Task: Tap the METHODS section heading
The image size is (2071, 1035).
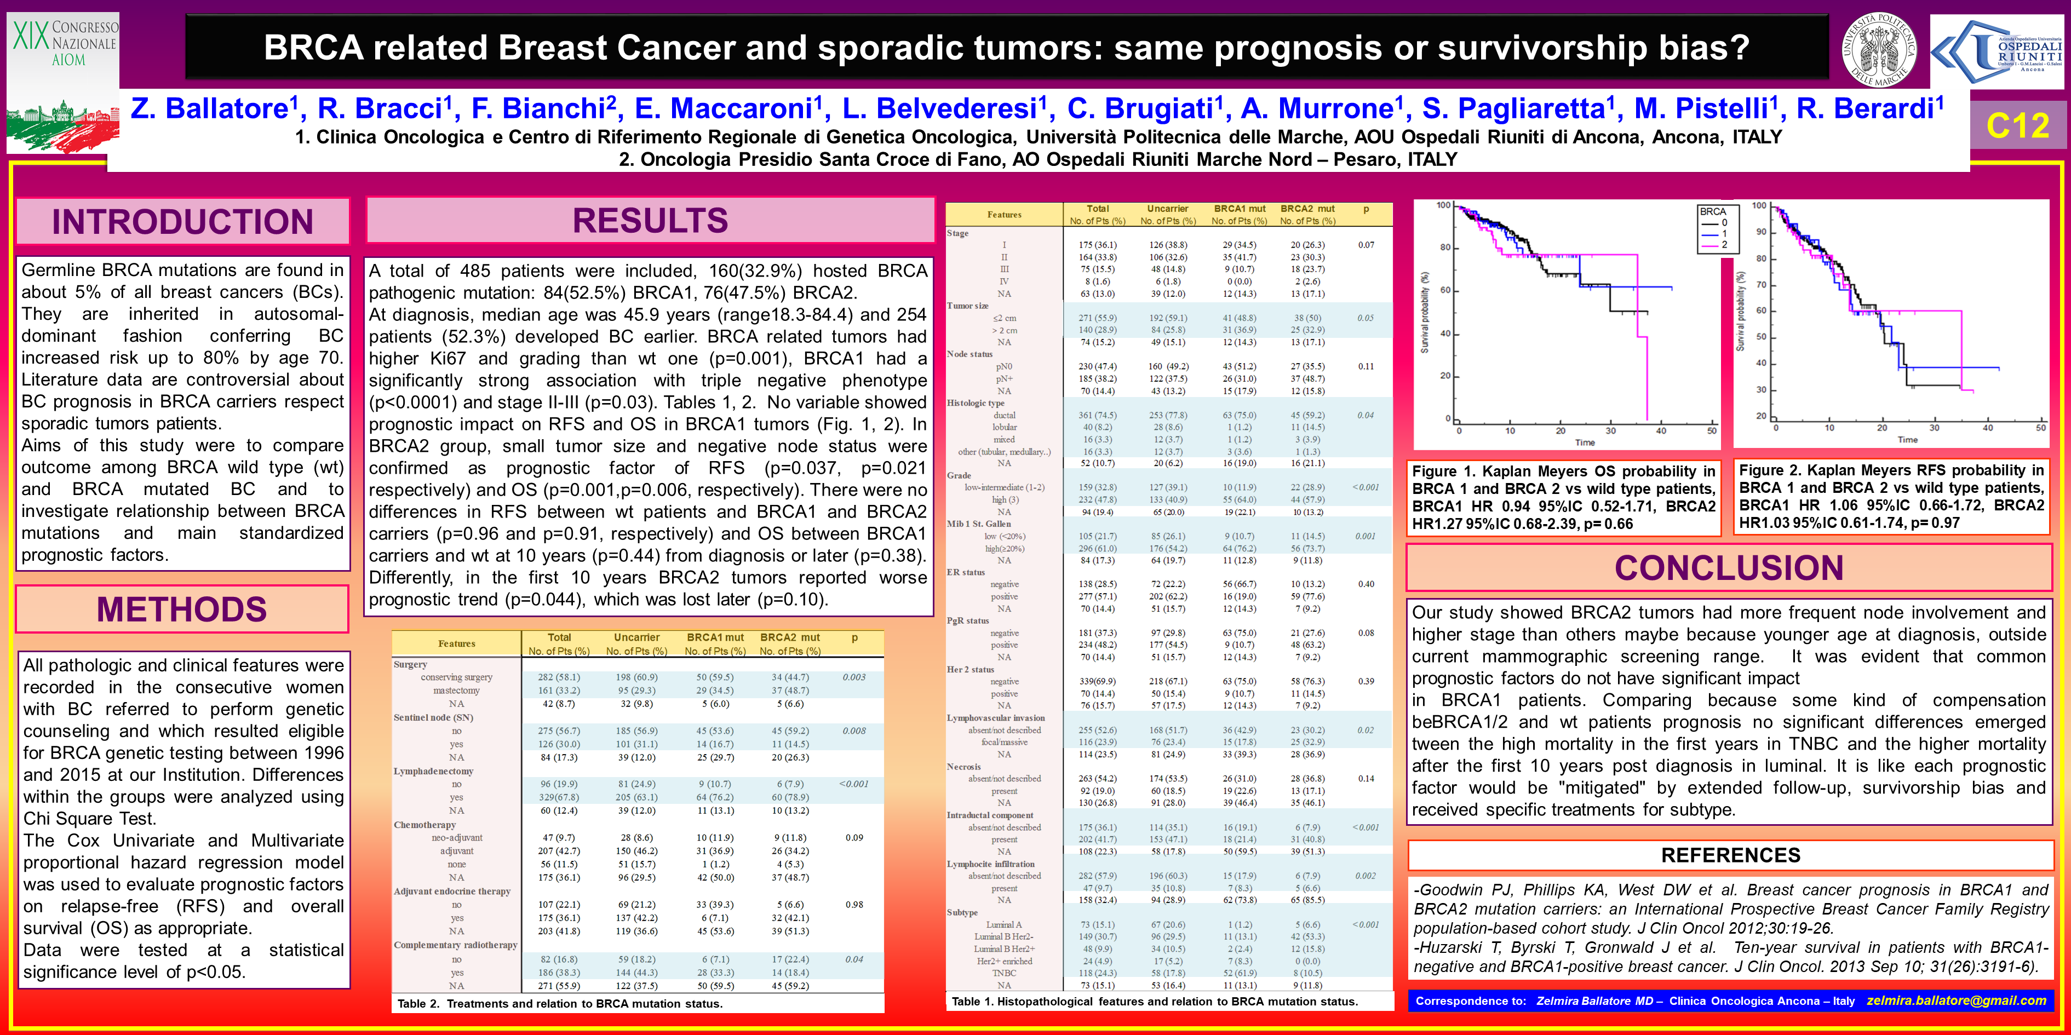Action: click(182, 609)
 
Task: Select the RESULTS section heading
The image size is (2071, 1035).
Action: click(650, 220)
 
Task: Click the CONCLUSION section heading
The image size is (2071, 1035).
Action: click(1729, 567)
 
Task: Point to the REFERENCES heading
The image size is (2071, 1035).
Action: click(1730, 855)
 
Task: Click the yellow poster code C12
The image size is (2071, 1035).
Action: click(2017, 125)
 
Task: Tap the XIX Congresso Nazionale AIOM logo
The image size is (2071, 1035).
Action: click(62, 81)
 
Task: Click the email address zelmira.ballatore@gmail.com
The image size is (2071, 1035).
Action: click(1956, 1001)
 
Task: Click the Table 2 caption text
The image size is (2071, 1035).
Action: click(560, 1004)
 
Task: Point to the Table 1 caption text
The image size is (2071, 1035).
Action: click(1155, 1001)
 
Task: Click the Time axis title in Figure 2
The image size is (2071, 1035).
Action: click(1907, 440)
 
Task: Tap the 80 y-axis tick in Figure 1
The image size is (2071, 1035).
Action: click(1445, 248)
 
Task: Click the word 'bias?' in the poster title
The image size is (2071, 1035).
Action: click(1707, 48)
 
